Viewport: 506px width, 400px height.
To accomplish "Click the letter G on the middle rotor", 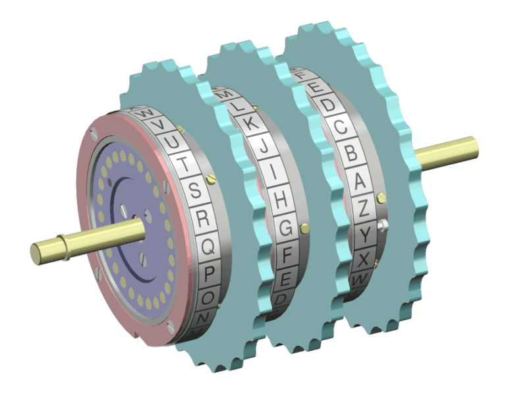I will (x=285, y=228).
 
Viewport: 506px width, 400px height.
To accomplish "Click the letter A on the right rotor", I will (x=360, y=180).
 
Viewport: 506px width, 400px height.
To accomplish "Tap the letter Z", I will (x=364, y=208).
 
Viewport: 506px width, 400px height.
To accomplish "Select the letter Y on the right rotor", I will (x=365, y=235).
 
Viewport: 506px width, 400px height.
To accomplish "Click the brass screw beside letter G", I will (x=304, y=229).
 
